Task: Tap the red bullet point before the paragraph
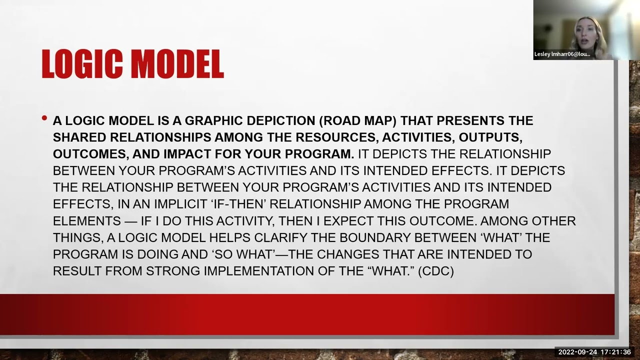pyautogui.click(x=44, y=119)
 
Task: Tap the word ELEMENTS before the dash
pyautogui.click(x=86, y=220)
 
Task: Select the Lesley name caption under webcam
pyautogui.click(x=562, y=54)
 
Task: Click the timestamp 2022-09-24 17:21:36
pyautogui.click(x=594, y=352)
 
